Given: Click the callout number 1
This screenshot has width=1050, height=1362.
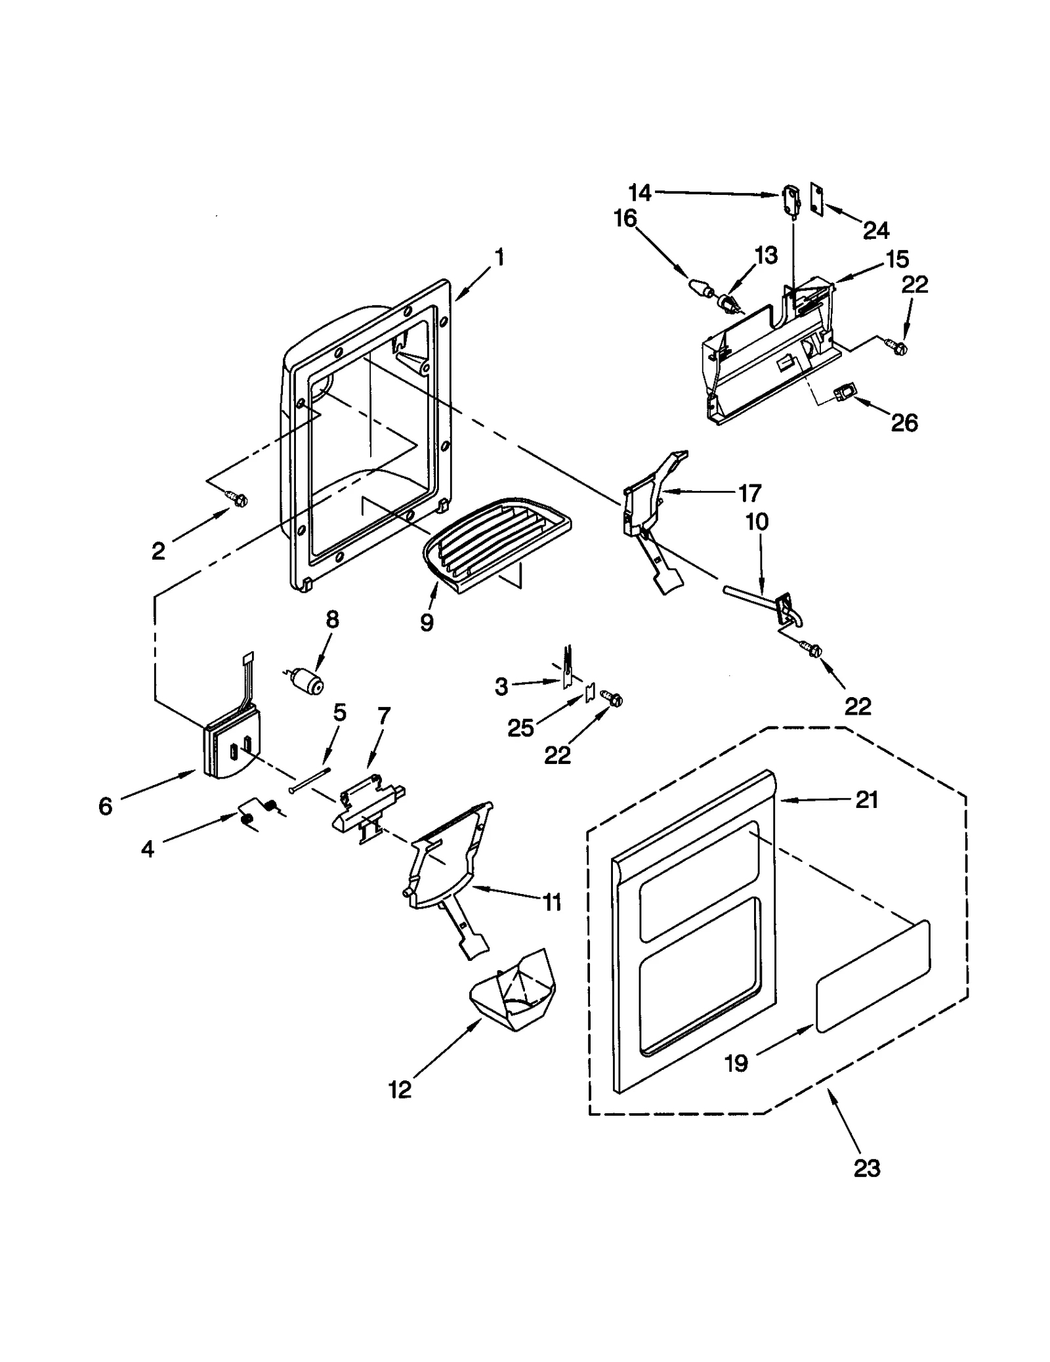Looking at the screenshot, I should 499,257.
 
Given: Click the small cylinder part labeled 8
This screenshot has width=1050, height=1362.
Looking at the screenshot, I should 307,679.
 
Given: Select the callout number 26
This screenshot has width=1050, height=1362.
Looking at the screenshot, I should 904,423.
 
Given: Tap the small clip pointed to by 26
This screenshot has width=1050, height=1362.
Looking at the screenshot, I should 844,393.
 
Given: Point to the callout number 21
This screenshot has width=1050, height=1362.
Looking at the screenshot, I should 866,799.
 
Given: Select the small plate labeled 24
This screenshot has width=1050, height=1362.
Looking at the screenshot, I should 817,198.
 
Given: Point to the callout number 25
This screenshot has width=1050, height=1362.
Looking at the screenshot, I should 521,727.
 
